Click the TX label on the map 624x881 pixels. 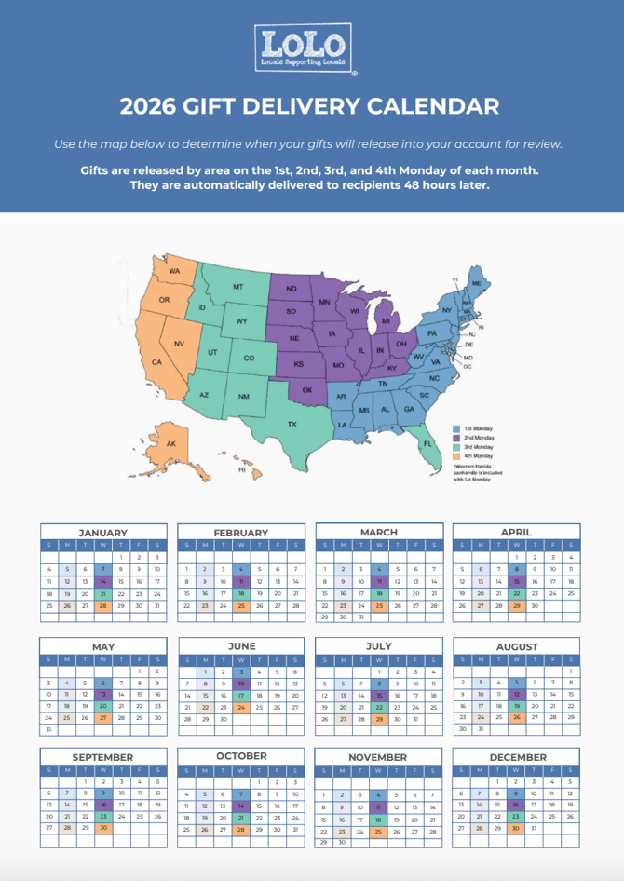(292, 424)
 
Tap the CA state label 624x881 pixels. (156, 361)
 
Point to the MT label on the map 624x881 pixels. (238, 288)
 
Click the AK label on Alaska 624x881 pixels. (170, 444)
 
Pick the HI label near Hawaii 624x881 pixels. (242, 470)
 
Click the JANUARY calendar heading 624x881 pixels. (102, 533)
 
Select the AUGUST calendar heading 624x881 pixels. (517, 646)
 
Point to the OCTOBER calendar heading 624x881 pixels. (241, 756)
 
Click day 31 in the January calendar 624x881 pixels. (157, 605)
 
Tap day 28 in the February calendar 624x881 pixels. (295, 605)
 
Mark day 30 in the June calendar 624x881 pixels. (224, 719)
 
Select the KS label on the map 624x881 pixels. (298, 364)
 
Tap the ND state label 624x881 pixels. (291, 289)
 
